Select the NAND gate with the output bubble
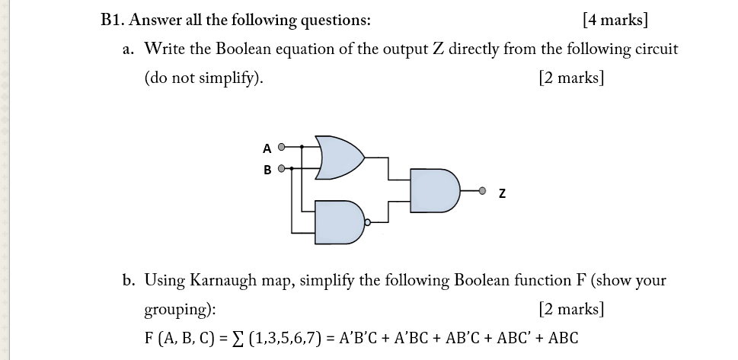click(338, 221)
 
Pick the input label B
click(267, 170)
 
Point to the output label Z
click(502, 194)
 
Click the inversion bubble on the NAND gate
click(368, 223)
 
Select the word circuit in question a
click(653, 49)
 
